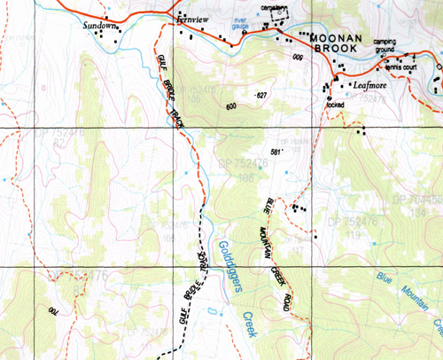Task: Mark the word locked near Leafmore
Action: click(x=335, y=104)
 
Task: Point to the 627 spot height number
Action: click(x=260, y=94)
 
